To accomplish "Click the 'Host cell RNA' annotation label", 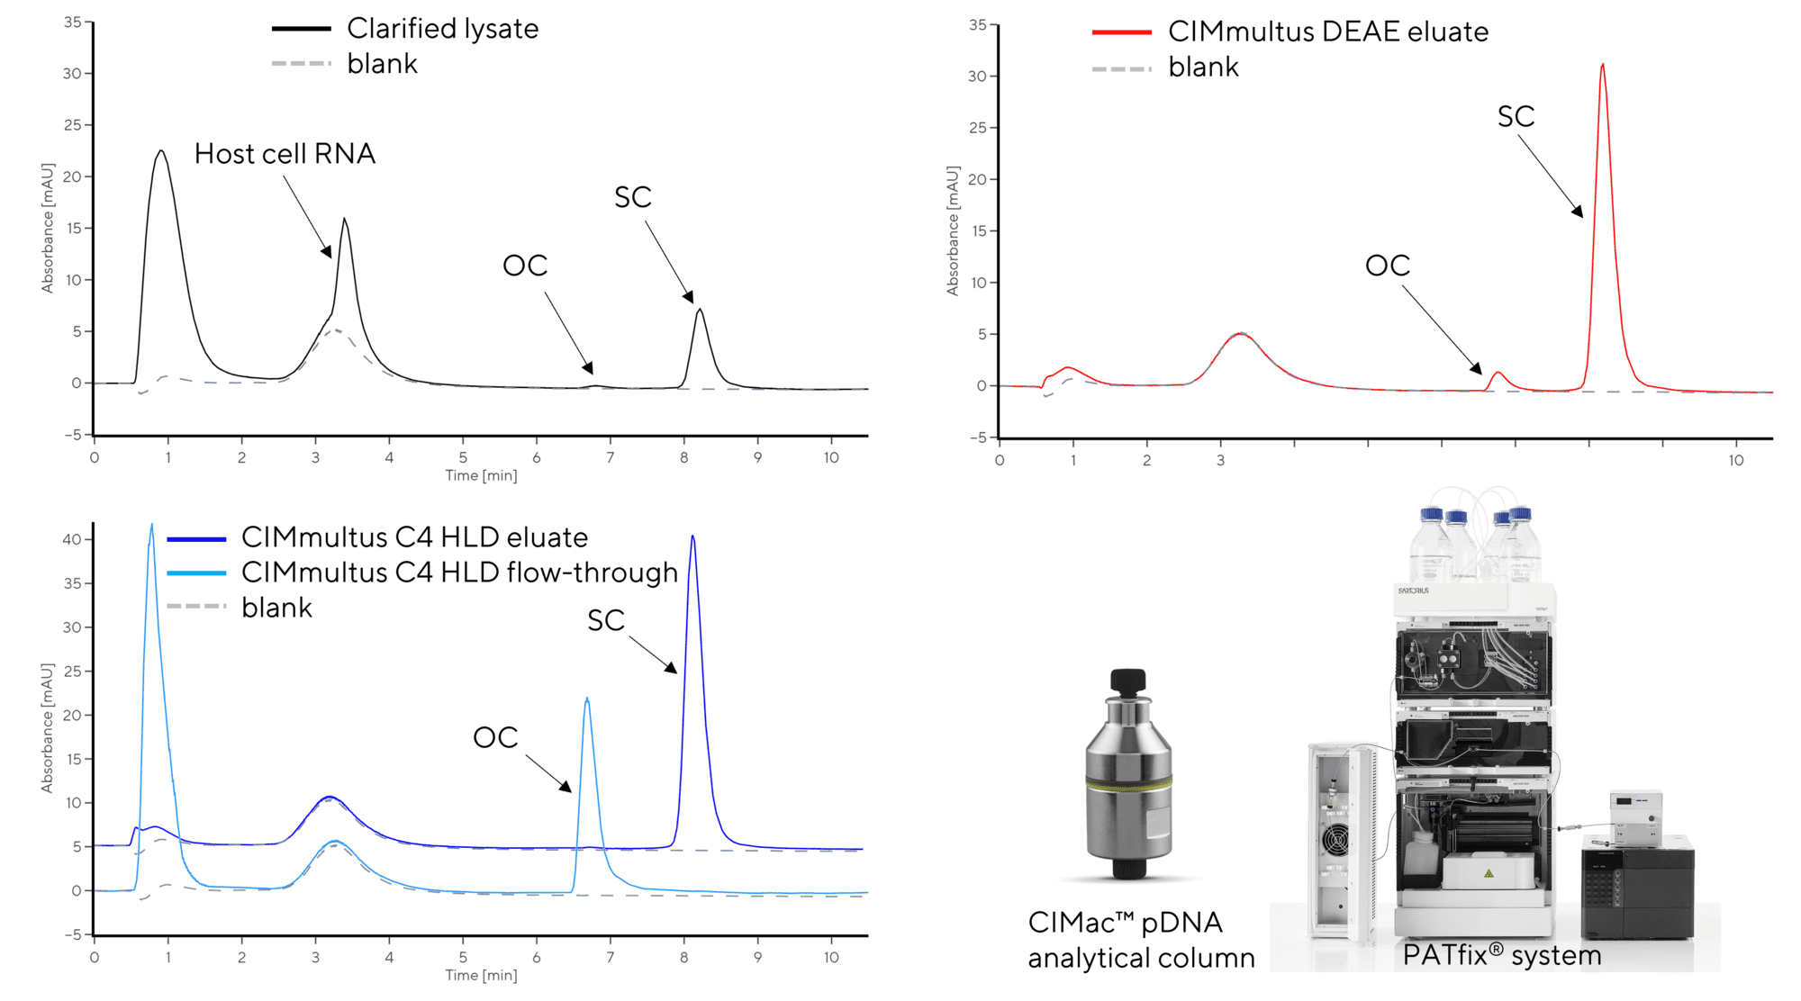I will pos(285,154).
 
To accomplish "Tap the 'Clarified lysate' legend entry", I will pos(442,29).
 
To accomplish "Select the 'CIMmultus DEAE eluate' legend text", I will pos(1327,32).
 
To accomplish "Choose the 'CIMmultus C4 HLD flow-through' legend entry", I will pos(459,573).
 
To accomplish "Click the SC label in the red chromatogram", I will pos(1516,117).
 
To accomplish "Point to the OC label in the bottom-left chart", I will pos(495,738).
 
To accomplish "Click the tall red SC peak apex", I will pos(1602,66).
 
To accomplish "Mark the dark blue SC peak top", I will pos(692,537).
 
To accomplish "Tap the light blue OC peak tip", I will pos(587,699).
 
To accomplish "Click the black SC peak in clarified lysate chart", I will pos(700,311).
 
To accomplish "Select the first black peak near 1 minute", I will pos(161,151).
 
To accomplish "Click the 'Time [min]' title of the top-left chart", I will pos(481,475).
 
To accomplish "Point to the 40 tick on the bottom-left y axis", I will pos(71,540).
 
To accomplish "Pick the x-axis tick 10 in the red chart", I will pos(1735,461).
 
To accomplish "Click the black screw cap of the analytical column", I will pos(1127,681).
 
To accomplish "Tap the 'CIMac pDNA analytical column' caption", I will pos(1141,940).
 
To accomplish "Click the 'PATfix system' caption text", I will pos(1501,955).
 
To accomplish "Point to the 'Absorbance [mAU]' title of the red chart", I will pos(953,230).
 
